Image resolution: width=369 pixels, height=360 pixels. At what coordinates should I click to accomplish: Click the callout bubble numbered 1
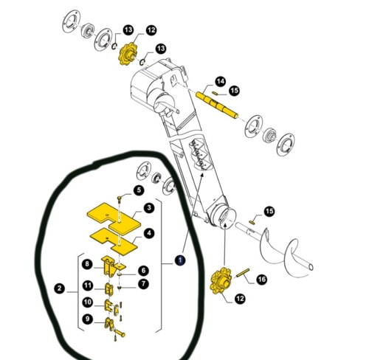pyautogui.click(x=180, y=260)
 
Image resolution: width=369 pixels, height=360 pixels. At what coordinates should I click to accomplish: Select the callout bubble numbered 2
pyautogui.click(x=59, y=288)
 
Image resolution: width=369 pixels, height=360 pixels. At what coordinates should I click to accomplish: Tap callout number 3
pyautogui.click(x=149, y=208)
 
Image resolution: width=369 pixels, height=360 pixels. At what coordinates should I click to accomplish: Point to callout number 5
pyautogui.click(x=139, y=190)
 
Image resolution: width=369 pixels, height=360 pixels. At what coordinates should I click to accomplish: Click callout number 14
pyautogui.click(x=220, y=81)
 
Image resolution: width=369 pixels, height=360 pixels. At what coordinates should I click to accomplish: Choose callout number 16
pyautogui.click(x=261, y=280)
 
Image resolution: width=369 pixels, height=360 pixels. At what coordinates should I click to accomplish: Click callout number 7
pyautogui.click(x=143, y=284)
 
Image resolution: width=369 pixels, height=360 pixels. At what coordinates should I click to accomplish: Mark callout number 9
pyautogui.click(x=87, y=319)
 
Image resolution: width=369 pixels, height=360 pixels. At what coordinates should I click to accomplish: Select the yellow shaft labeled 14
pyautogui.click(x=217, y=105)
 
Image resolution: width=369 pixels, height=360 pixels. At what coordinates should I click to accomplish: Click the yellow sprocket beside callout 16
pyautogui.click(x=221, y=281)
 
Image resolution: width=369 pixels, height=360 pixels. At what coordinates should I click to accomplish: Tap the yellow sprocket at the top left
pyautogui.click(x=127, y=54)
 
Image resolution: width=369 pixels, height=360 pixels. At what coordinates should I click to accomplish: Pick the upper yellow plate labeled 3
pyautogui.click(x=114, y=218)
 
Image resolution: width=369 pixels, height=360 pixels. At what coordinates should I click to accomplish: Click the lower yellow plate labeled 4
pyautogui.click(x=114, y=241)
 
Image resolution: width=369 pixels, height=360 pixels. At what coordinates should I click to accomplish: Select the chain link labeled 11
pyautogui.click(x=109, y=289)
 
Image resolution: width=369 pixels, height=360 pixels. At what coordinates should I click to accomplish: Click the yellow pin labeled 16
pyautogui.click(x=243, y=273)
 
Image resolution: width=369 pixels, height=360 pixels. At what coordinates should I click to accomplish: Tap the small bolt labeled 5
pyautogui.click(x=120, y=199)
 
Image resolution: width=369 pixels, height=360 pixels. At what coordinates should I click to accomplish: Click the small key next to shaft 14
pyautogui.click(x=215, y=93)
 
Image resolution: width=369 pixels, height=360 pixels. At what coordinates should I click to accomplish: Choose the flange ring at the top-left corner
pyautogui.click(x=71, y=21)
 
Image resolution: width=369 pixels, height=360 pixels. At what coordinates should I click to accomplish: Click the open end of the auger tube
pyautogui.click(x=311, y=267)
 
